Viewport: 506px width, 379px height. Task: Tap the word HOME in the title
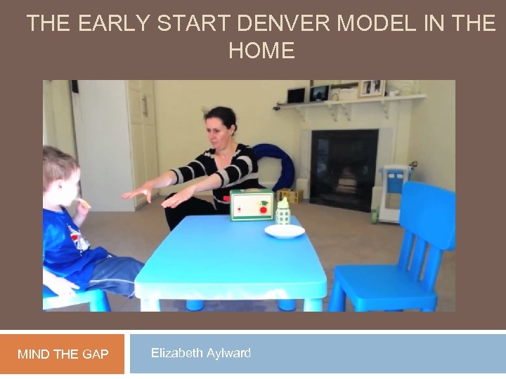[261, 51]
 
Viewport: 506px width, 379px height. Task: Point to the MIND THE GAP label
[63, 354]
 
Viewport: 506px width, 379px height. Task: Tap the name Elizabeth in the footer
[176, 353]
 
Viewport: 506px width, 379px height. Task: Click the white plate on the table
[285, 231]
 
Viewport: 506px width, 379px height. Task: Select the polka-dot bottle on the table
[283, 211]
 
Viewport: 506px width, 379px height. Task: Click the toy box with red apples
[252, 204]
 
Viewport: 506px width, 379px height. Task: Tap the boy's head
[60, 172]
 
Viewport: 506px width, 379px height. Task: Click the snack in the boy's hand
[84, 204]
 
